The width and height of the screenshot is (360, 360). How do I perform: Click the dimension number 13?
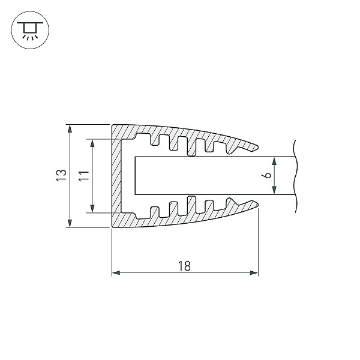pyautogui.click(x=61, y=176)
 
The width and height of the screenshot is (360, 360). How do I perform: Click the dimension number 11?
pyautogui.click(x=84, y=176)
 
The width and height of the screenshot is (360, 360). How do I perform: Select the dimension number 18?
pyautogui.click(x=184, y=266)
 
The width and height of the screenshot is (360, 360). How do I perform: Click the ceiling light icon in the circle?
pyautogui.click(x=30, y=31)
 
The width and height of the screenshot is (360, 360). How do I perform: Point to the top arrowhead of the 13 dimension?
pyautogui.click(x=70, y=128)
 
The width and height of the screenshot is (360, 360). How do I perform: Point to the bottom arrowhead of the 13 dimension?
pyautogui.click(x=70, y=223)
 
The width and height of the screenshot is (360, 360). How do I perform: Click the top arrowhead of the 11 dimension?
pyautogui.click(x=92, y=143)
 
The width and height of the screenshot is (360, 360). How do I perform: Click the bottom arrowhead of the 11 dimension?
pyautogui.click(x=92, y=209)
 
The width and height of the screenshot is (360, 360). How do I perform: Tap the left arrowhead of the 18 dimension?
pyautogui.click(x=116, y=273)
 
